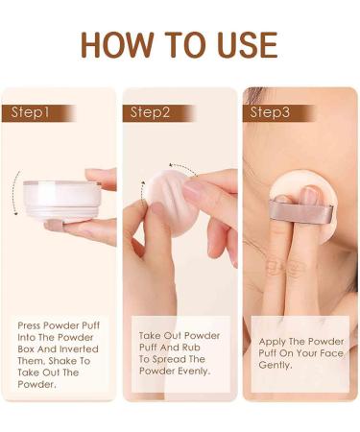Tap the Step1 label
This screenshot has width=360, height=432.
(x=31, y=112)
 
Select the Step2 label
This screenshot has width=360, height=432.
(x=150, y=112)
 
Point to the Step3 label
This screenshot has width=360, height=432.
(x=271, y=112)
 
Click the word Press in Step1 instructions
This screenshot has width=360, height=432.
(x=30, y=325)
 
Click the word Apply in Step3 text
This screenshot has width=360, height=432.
(x=275, y=342)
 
